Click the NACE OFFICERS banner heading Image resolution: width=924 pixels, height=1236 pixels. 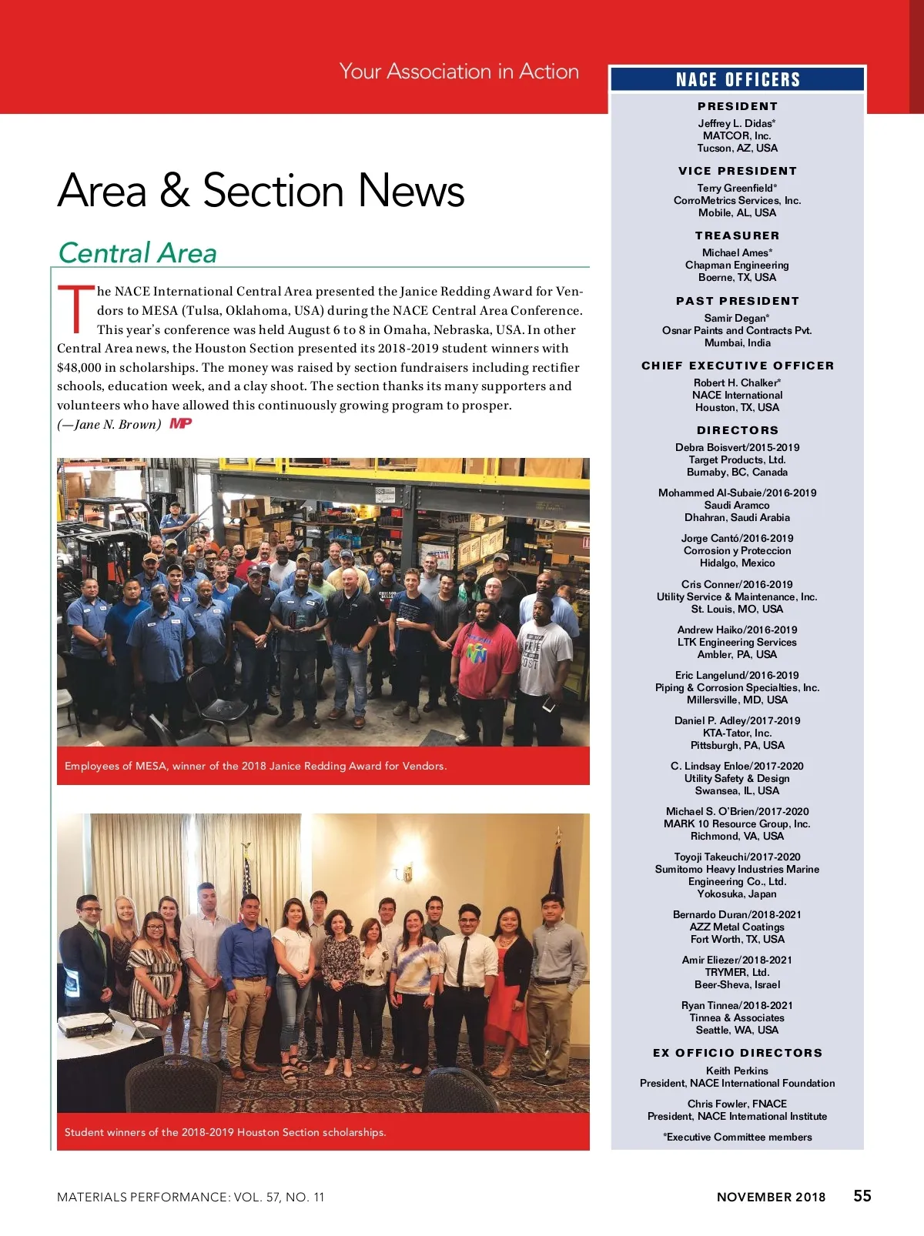pyautogui.click(x=738, y=80)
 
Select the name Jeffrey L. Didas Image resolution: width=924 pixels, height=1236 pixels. pyautogui.click(x=735, y=123)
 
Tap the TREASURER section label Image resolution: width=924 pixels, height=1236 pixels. pyautogui.click(x=737, y=236)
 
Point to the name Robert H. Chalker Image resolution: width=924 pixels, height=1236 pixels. pyautogui.click(x=736, y=382)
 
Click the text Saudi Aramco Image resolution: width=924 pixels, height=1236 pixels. pyautogui.click(x=737, y=505)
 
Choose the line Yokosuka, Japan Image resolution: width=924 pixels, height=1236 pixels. pyautogui.click(x=737, y=894)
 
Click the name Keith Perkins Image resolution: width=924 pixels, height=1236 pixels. pyautogui.click(x=737, y=1071)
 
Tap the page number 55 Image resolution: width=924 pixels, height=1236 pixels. pyautogui.click(x=862, y=1195)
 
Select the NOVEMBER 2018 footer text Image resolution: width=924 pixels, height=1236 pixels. pyautogui.click(x=771, y=1197)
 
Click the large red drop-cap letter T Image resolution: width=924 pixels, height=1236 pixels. pyautogui.click(x=75, y=310)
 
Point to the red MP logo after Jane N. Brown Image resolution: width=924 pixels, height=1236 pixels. pyautogui.click(x=180, y=423)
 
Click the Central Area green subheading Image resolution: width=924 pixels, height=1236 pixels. pyautogui.click(x=138, y=253)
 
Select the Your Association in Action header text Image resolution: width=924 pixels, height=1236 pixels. pyautogui.click(x=459, y=72)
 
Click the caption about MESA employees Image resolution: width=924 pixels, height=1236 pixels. pyautogui.click(x=256, y=766)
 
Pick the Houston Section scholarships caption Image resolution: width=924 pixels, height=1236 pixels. pyautogui.click(x=226, y=1132)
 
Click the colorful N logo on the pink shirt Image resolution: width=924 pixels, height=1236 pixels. pyautogui.click(x=477, y=653)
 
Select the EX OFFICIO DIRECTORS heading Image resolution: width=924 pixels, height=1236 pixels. pyautogui.click(x=737, y=1053)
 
